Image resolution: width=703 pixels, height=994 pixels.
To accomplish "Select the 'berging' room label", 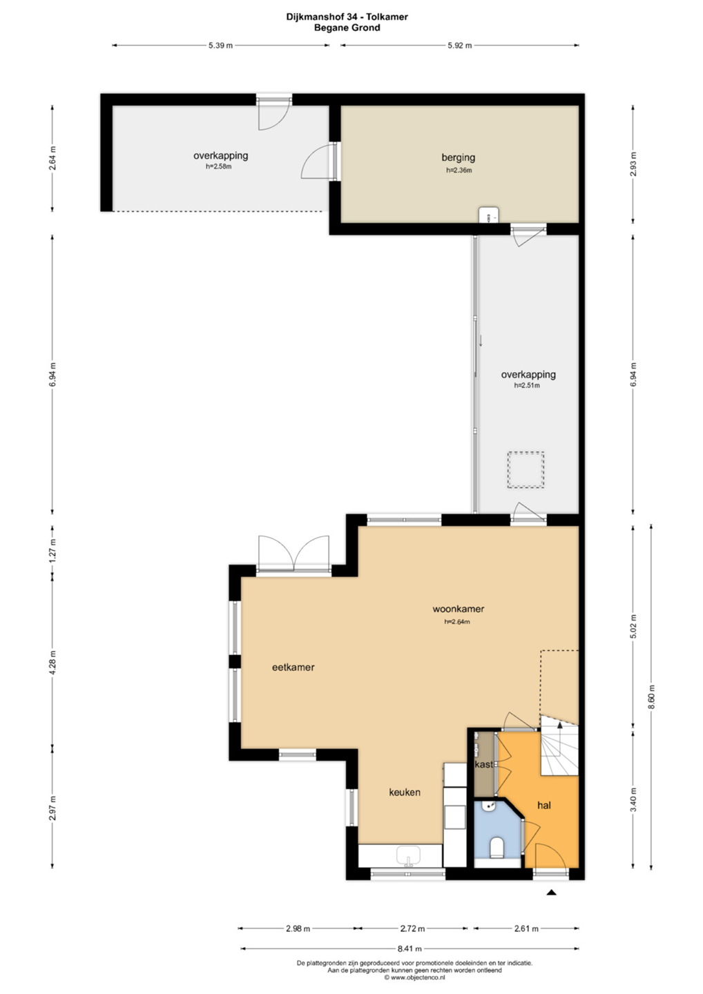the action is (x=458, y=157).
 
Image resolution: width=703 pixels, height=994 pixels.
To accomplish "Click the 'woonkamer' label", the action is (x=458, y=609).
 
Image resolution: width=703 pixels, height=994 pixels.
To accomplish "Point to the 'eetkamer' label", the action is (x=293, y=667).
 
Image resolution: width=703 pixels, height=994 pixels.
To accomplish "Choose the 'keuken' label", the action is (x=404, y=792).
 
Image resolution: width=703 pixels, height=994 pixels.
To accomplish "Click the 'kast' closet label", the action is (x=484, y=764).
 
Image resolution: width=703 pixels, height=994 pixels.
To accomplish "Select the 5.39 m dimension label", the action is (x=220, y=46).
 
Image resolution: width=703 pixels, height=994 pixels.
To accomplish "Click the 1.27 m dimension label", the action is (x=52, y=550).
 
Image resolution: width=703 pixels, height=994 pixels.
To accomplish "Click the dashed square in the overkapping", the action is (x=526, y=470).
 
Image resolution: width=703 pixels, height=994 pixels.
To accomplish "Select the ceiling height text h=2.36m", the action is (x=459, y=170).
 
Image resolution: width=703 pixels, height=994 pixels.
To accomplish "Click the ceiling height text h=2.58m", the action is (x=219, y=167).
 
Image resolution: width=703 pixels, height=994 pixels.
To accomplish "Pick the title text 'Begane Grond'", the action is (x=347, y=28).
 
